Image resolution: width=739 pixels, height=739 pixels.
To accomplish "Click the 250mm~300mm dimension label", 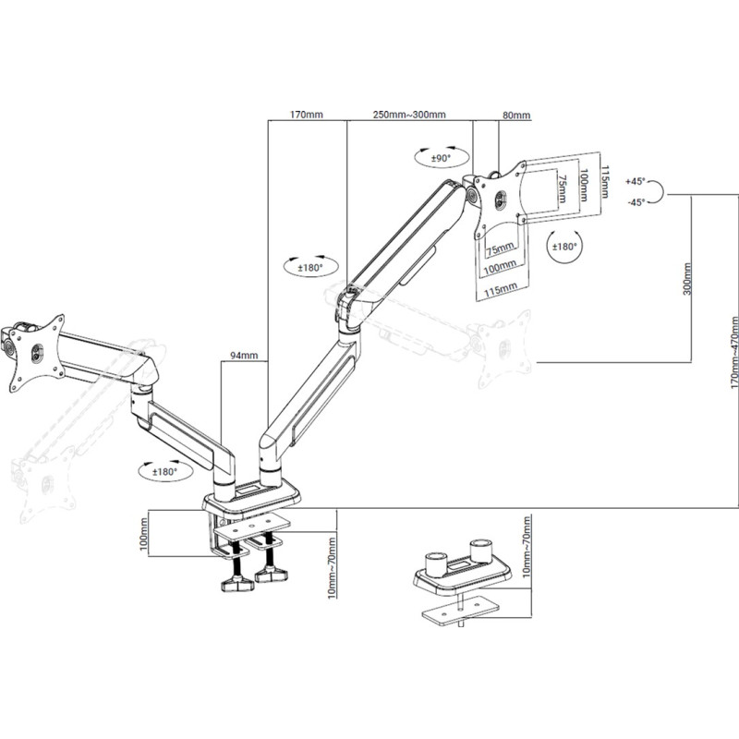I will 408,115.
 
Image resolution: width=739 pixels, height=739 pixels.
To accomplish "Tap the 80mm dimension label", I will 516,115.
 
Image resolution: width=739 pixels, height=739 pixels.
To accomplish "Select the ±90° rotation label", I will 440,159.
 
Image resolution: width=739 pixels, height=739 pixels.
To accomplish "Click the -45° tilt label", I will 636,202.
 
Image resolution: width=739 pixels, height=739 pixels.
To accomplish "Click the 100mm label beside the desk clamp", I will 144,535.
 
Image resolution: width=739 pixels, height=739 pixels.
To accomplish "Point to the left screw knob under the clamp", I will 236,582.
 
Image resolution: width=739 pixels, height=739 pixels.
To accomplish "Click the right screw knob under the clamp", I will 272,577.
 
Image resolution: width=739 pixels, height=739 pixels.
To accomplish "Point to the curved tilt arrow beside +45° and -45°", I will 658,191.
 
